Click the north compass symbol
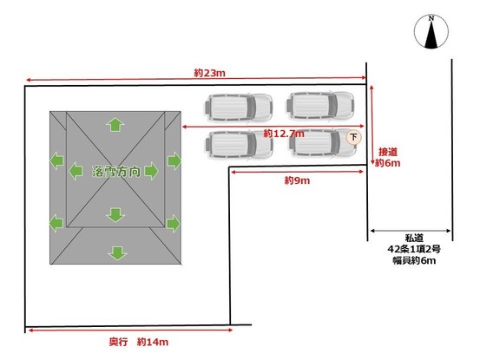(x=431, y=32)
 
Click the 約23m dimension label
(x=210, y=73)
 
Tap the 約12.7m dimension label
(x=284, y=134)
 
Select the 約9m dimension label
(x=297, y=180)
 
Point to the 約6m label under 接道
(x=387, y=163)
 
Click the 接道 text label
(x=388, y=152)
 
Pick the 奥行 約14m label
(x=139, y=342)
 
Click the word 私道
(x=414, y=238)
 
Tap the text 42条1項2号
(x=414, y=249)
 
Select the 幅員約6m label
(x=414, y=260)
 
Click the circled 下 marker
(x=353, y=137)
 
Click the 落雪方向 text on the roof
(x=116, y=172)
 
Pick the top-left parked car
(x=239, y=108)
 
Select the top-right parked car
(x=320, y=106)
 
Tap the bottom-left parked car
(x=239, y=145)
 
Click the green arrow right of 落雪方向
(x=151, y=171)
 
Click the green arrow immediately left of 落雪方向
(x=76, y=171)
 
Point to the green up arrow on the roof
(x=115, y=125)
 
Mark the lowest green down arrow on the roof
(x=117, y=253)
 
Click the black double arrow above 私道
(x=411, y=231)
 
